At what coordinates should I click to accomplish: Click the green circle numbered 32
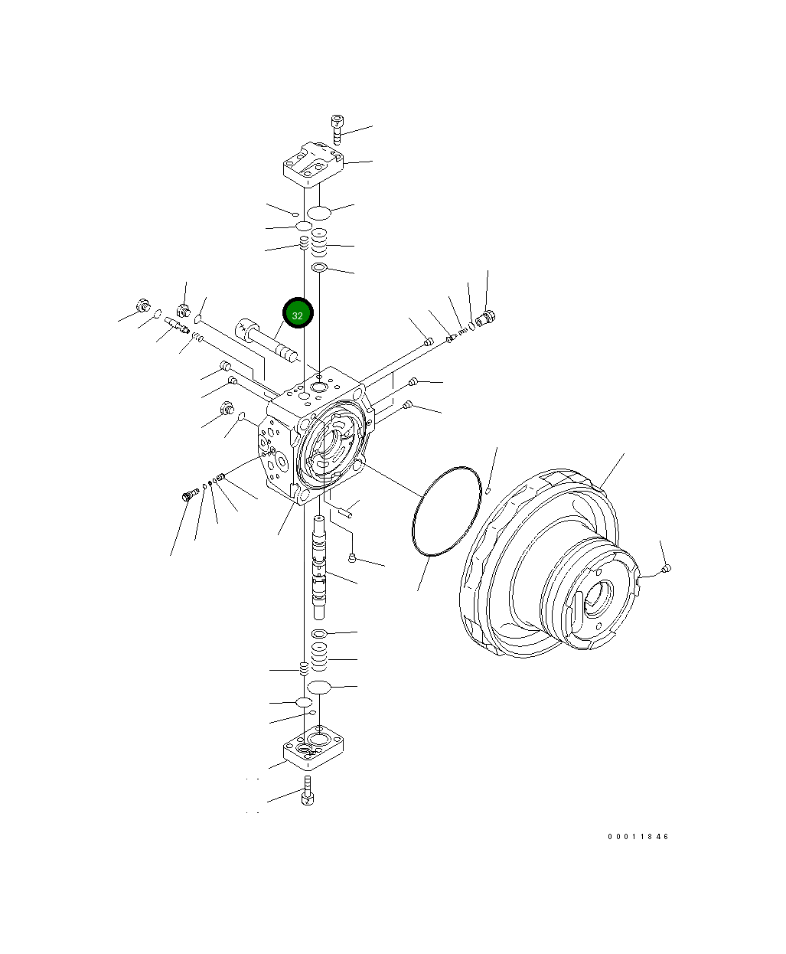(x=298, y=313)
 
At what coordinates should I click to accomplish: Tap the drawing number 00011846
(x=638, y=837)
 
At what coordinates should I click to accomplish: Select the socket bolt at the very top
(x=337, y=129)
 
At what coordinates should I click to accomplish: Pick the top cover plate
(x=313, y=164)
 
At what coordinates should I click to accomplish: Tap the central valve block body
(x=316, y=435)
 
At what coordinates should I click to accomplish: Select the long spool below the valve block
(x=319, y=567)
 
